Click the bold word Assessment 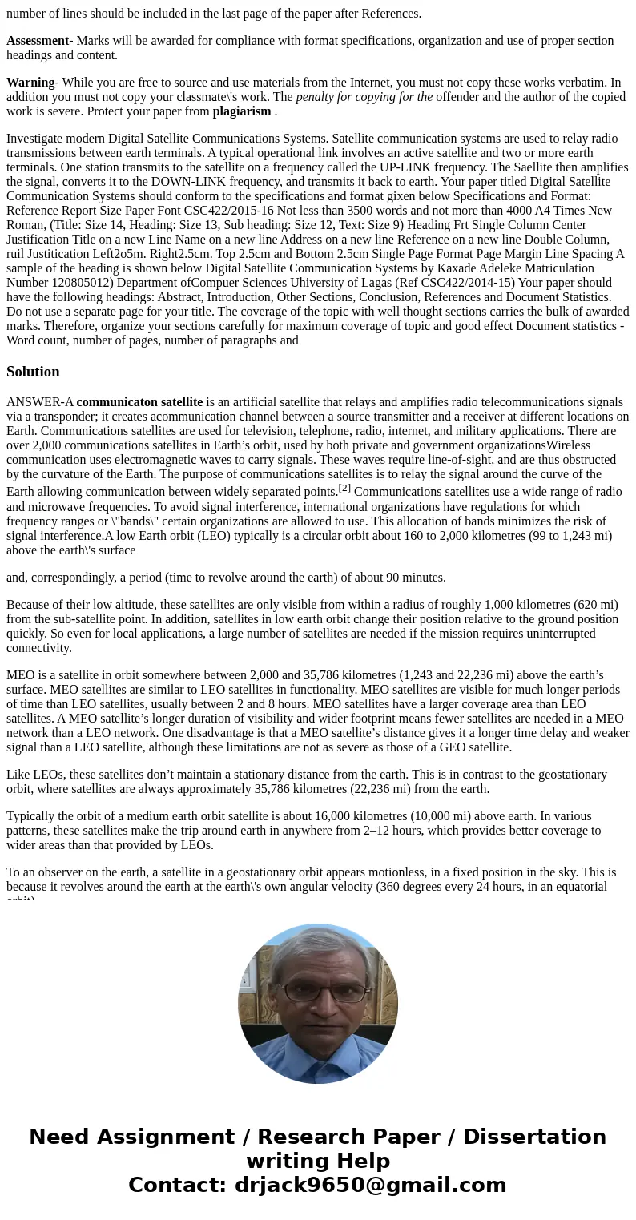point(38,41)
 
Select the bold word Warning point(30,83)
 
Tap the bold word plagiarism point(242,111)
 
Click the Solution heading point(33,372)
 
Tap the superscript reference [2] point(344,488)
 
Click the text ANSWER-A point(40,402)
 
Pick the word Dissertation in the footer point(534,1137)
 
